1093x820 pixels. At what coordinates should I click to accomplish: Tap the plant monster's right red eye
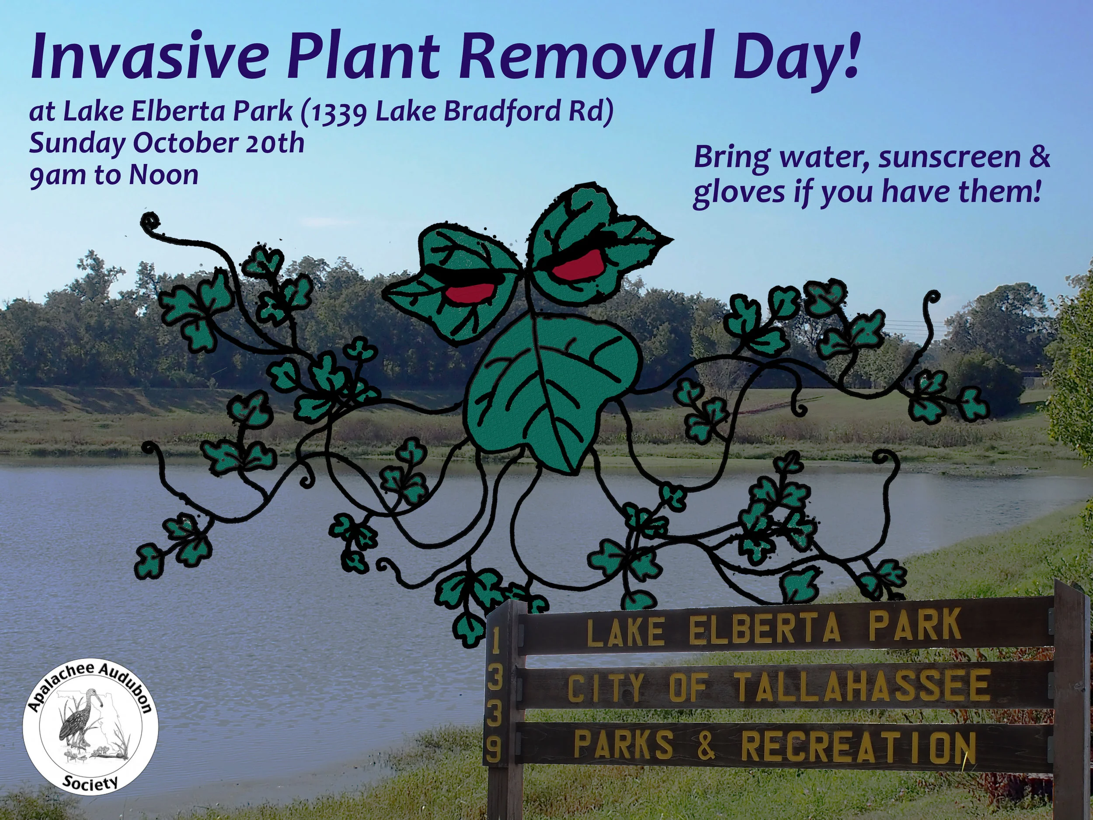coord(576,265)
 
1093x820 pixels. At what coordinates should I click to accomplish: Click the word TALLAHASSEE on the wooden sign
coord(862,687)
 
